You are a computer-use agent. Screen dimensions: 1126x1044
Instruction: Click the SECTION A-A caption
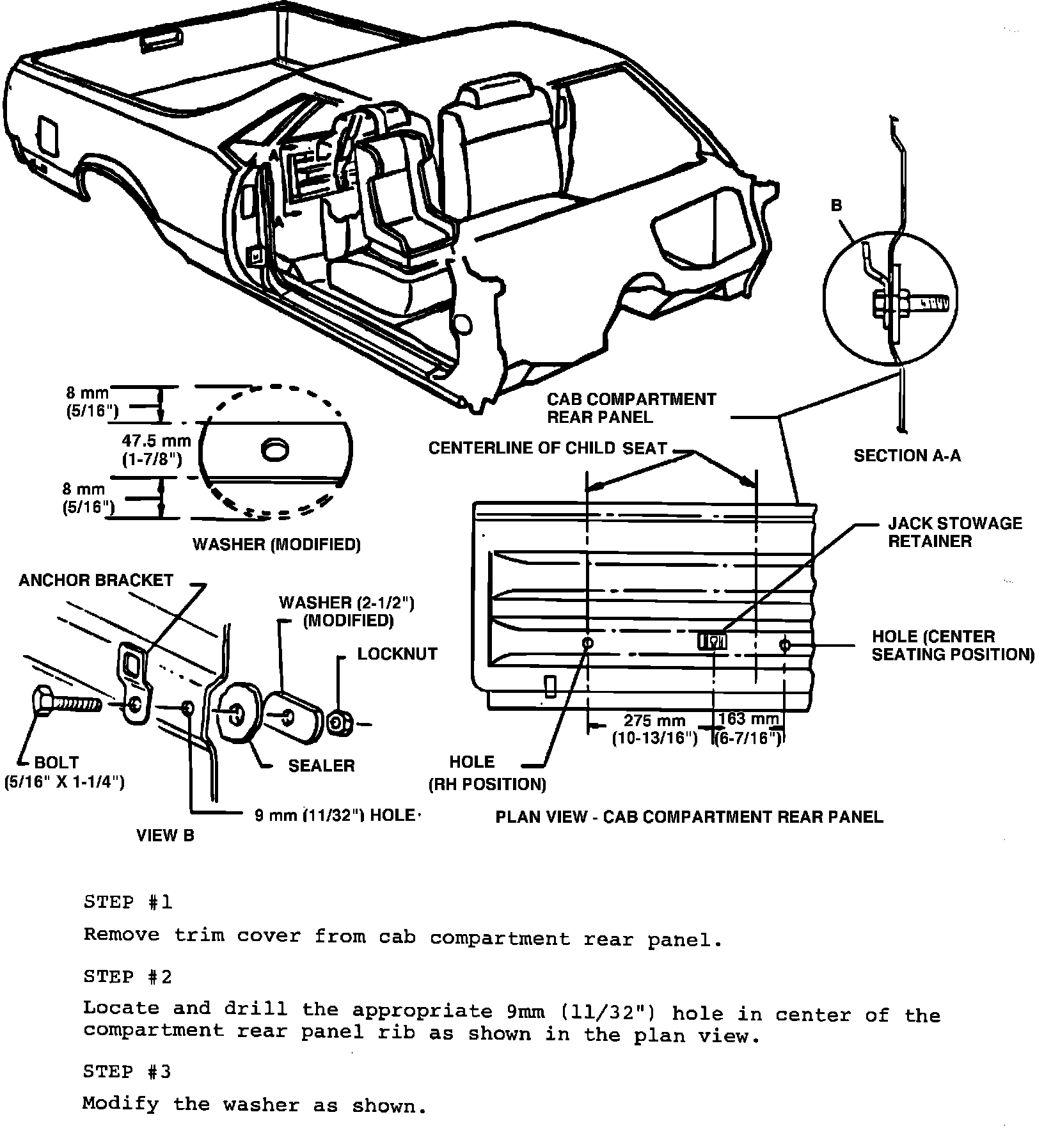click(907, 455)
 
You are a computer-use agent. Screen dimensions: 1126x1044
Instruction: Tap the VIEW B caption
click(165, 835)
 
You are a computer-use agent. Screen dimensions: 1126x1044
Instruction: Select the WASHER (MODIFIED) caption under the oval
click(276, 544)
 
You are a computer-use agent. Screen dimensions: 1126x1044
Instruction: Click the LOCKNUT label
click(397, 654)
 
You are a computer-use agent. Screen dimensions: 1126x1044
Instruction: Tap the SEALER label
click(321, 765)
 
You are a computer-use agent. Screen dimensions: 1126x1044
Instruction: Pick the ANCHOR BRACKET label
click(96, 580)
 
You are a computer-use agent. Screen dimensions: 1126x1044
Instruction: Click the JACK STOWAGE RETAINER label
click(955, 532)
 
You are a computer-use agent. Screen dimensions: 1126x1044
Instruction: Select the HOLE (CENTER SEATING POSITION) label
click(953, 646)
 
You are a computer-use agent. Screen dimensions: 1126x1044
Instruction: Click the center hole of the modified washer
click(275, 448)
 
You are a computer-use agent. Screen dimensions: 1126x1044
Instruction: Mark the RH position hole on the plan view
click(588, 642)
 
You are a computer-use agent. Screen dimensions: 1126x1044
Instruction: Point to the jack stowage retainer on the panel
click(711, 640)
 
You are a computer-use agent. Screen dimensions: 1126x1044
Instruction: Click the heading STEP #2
click(128, 976)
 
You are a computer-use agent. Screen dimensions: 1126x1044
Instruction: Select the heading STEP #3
click(128, 1071)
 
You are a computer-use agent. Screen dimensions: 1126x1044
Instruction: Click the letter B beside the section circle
click(836, 205)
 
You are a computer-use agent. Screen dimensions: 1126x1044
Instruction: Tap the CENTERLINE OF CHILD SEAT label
click(548, 448)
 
